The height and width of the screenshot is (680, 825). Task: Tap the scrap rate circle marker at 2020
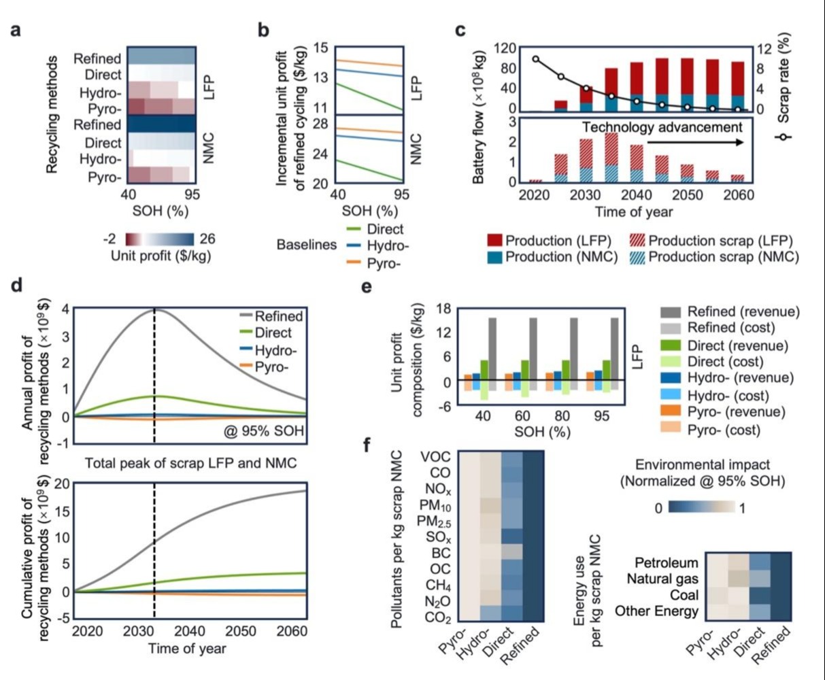[x=536, y=59]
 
